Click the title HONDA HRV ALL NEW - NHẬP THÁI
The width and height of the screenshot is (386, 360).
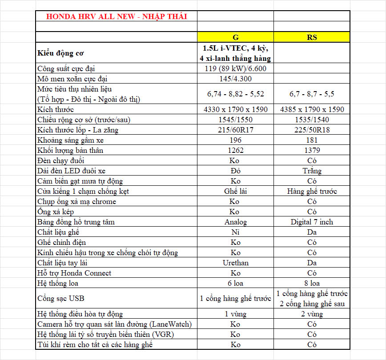click(116, 17)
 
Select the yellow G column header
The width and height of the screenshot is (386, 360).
click(235, 37)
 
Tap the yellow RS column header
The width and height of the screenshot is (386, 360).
click(312, 37)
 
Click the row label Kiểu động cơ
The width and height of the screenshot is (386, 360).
click(60, 53)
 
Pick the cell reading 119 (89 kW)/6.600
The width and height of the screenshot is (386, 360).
click(235, 68)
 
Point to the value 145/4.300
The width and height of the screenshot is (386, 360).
click(235, 79)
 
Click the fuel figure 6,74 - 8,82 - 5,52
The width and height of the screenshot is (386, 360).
click(235, 94)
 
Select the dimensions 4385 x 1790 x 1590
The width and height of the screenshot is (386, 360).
click(312, 109)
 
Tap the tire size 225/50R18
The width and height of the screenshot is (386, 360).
click(312, 130)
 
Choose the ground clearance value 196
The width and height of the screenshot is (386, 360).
click(235, 140)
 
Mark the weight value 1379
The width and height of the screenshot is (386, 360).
click(312, 150)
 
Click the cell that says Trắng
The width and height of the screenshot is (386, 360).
click(312, 171)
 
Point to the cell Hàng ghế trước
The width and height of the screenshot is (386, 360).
click(312, 191)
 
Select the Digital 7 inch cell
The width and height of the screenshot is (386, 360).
click(312, 222)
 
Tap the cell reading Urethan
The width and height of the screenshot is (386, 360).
click(235, 263)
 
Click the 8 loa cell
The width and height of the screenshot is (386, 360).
click(312, 283)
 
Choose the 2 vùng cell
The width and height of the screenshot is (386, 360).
click(312, 314)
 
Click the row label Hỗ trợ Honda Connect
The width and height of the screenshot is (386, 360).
click(74, 273)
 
